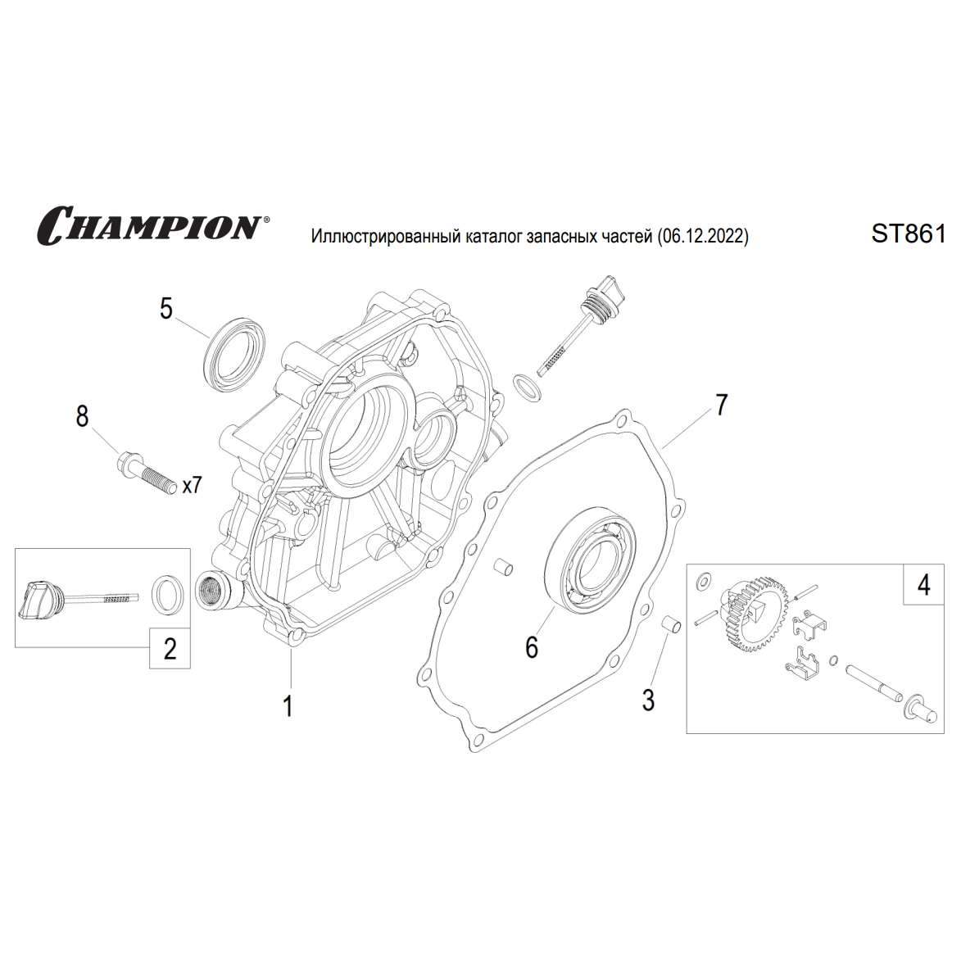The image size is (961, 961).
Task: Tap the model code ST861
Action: pos(908,234)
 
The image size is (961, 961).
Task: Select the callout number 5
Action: pos(166,309)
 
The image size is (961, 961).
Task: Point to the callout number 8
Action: pos(82,416)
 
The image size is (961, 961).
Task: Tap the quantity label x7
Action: pos(192,485)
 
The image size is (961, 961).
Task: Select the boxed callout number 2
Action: pos(170,648)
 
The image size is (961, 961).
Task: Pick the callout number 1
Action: pos(288,705)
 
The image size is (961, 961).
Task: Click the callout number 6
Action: pos(532,647)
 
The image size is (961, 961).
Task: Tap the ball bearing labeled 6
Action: pos(592,557)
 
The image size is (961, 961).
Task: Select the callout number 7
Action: pos(721,405)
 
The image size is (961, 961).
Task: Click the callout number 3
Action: pos(648,700)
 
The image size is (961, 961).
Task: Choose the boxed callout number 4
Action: pos(923,585)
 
